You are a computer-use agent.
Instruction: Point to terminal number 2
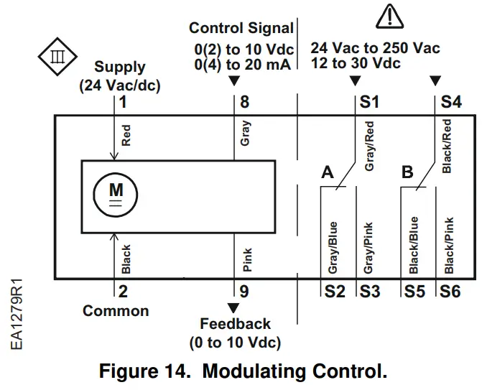123,291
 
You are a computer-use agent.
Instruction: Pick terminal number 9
244,291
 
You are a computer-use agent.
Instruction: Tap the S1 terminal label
369,102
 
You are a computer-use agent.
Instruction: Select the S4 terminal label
450,102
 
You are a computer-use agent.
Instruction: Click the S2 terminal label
334,292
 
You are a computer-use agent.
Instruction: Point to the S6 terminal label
450,292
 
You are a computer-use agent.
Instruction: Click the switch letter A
328,172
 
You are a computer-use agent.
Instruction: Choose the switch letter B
407,172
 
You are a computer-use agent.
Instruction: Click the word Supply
120,68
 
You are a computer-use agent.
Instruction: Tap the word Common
116,311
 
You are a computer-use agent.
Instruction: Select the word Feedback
235,324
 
